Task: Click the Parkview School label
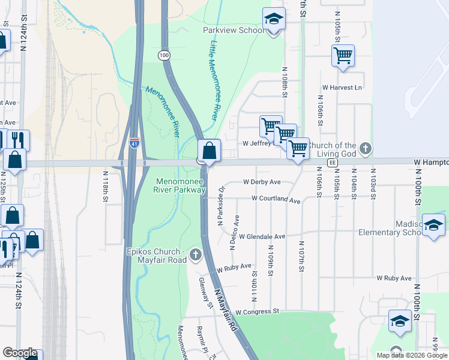(233, 30)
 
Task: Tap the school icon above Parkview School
(274, 19)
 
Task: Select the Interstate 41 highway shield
(134, 143)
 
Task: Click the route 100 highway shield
(164, 55)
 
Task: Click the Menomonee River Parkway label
(181, 185)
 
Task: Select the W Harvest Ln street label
(342, 88)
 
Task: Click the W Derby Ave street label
(262, 182)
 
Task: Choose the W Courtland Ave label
(276, 199)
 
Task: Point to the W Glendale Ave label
(262, 237)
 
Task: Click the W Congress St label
(258, 312)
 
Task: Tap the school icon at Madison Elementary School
(433, 225)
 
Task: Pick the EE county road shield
(332, 163)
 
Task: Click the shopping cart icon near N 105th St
(343, 56)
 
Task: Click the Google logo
(20, 353)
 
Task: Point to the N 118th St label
(106, 185)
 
